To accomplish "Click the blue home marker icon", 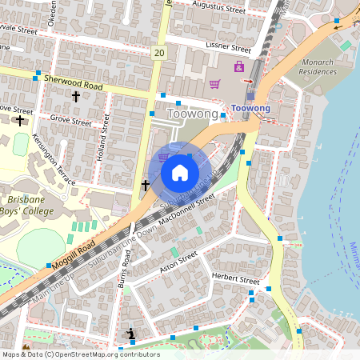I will [179, 172].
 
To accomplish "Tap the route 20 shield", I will [160, 53].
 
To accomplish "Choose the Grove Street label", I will [71, 122].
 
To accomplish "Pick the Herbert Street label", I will [235, 280].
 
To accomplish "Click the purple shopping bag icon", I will [239, 66].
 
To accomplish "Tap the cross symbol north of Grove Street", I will [76, 97].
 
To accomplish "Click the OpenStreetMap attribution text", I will [80, 354].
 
